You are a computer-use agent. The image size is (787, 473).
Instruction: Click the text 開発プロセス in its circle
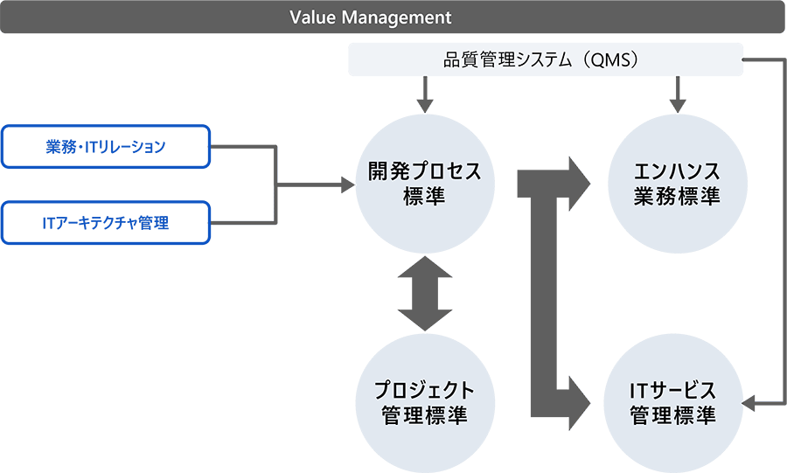click(x=424, y=172)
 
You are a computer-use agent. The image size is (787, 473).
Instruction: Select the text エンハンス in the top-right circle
click(x=676, y=172)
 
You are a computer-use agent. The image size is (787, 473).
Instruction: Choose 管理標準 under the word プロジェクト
click(x=424, y=414)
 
